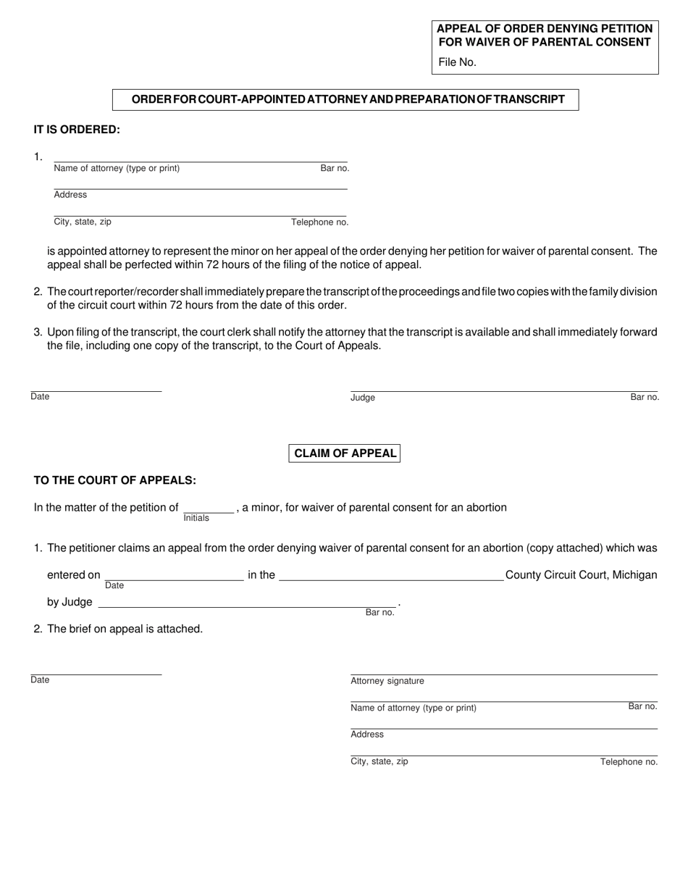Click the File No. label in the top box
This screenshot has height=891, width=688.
click(457, 62)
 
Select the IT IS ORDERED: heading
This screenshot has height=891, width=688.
click(77, 130)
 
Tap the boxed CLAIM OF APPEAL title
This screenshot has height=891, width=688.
click(345, 453)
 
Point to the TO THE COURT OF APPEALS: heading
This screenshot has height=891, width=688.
click(114, 480)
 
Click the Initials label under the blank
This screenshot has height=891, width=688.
click(196, 518)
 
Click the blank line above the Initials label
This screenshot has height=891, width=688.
click(209, 509)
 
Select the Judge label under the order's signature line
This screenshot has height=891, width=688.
click(363, 398)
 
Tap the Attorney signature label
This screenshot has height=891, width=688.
click(387, 681)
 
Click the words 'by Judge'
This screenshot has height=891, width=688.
click(70, 602)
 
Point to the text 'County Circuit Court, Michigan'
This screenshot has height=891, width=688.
click(581, 575)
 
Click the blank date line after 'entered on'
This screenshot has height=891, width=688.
click(174, 577)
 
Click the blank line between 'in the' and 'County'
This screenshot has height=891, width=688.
click(391, 577)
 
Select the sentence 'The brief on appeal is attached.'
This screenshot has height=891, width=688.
click(125, 629)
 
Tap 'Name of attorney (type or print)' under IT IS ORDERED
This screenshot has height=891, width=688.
click(117, 169)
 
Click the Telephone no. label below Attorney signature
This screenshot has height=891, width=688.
click(629, 762)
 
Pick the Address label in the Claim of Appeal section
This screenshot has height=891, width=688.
click(367, 735)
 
